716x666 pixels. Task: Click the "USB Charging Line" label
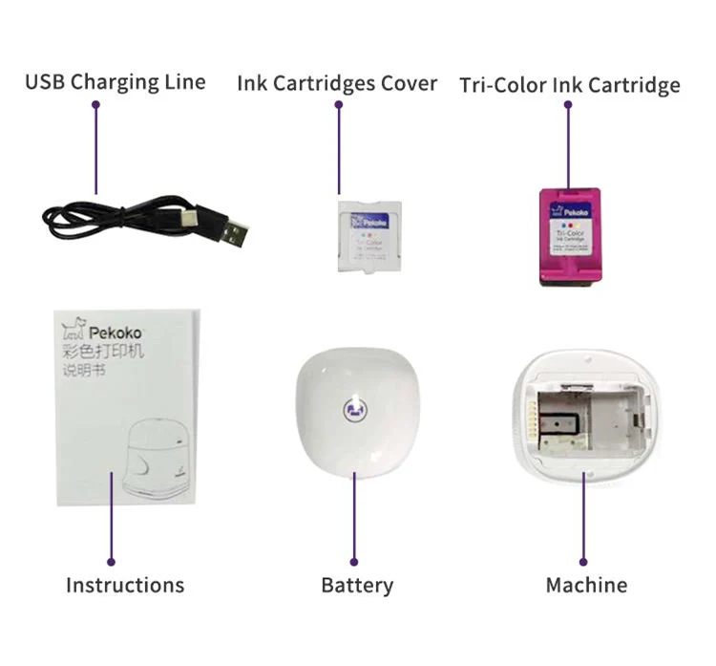(116, 81)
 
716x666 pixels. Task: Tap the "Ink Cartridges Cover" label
(338, 83)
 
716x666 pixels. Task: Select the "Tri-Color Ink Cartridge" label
(570, 85)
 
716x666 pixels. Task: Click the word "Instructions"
(125, 585)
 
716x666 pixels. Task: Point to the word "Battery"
(357, 585)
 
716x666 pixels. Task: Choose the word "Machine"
(586, 585)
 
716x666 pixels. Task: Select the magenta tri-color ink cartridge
(569, 236)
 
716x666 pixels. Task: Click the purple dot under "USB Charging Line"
(95, 105)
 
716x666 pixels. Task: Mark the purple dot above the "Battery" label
(354, 562)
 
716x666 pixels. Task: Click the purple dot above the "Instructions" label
(112, 562)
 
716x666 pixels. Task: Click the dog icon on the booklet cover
(73, 331)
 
